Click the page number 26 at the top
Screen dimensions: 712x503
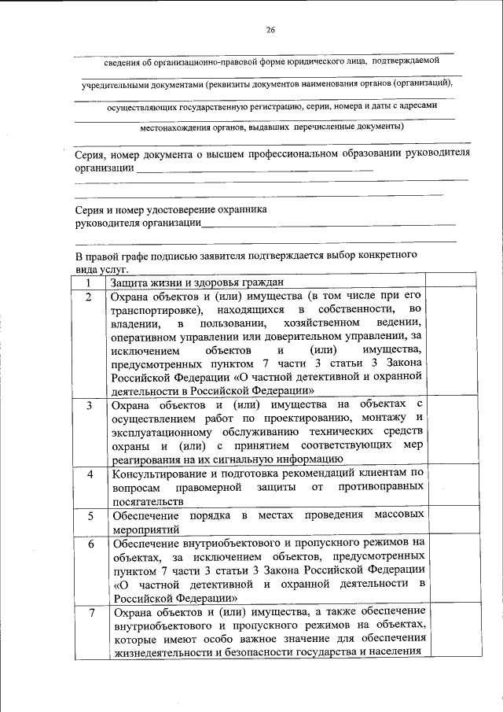[270, 30]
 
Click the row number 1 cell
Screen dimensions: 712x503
[89, 282]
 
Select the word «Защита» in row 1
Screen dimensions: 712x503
[127, 282]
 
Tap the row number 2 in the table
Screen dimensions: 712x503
[89, 297]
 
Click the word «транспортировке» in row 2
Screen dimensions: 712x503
[155, 311]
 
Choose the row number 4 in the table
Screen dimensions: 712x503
[90, 474]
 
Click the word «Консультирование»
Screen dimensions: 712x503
[162, 474]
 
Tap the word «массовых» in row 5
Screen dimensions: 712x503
[401, 515]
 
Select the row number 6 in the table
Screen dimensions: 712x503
[90, 544]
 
